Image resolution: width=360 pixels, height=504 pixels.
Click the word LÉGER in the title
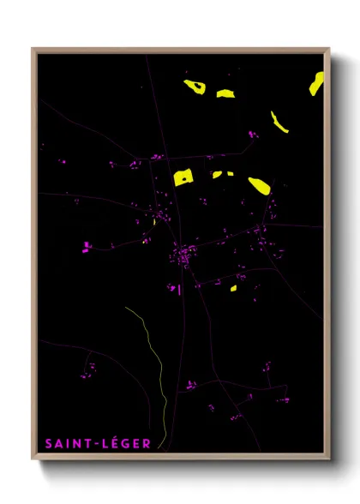126,443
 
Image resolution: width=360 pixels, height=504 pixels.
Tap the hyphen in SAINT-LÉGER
96,443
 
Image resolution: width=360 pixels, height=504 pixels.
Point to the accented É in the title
112,442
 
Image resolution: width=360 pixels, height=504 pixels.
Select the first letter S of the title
49,443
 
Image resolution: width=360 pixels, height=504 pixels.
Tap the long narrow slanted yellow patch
279,122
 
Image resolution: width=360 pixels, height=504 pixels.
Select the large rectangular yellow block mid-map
183,177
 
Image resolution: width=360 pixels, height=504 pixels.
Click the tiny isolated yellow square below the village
232,288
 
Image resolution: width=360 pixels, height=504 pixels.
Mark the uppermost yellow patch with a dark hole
195,87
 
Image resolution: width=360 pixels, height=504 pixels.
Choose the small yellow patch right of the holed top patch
225,93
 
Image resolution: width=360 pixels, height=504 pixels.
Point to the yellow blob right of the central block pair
258,185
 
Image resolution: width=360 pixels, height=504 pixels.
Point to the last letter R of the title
147,443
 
